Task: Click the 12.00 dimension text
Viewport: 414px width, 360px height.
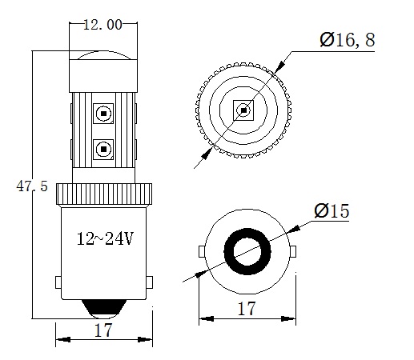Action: [102, 25]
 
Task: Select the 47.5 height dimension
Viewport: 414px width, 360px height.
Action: [32, 186]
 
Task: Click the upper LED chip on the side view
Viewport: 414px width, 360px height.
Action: [102, 113]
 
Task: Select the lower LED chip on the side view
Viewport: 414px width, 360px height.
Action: [102, 147]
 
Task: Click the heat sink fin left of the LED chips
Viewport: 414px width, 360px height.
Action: [81, 132]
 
